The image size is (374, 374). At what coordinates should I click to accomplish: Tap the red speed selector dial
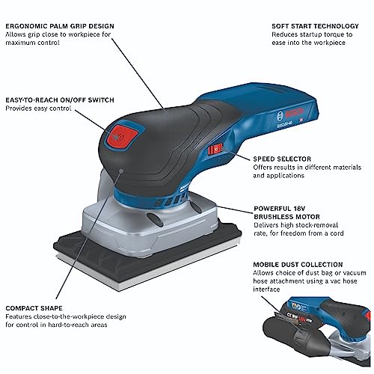pos(218,147)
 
